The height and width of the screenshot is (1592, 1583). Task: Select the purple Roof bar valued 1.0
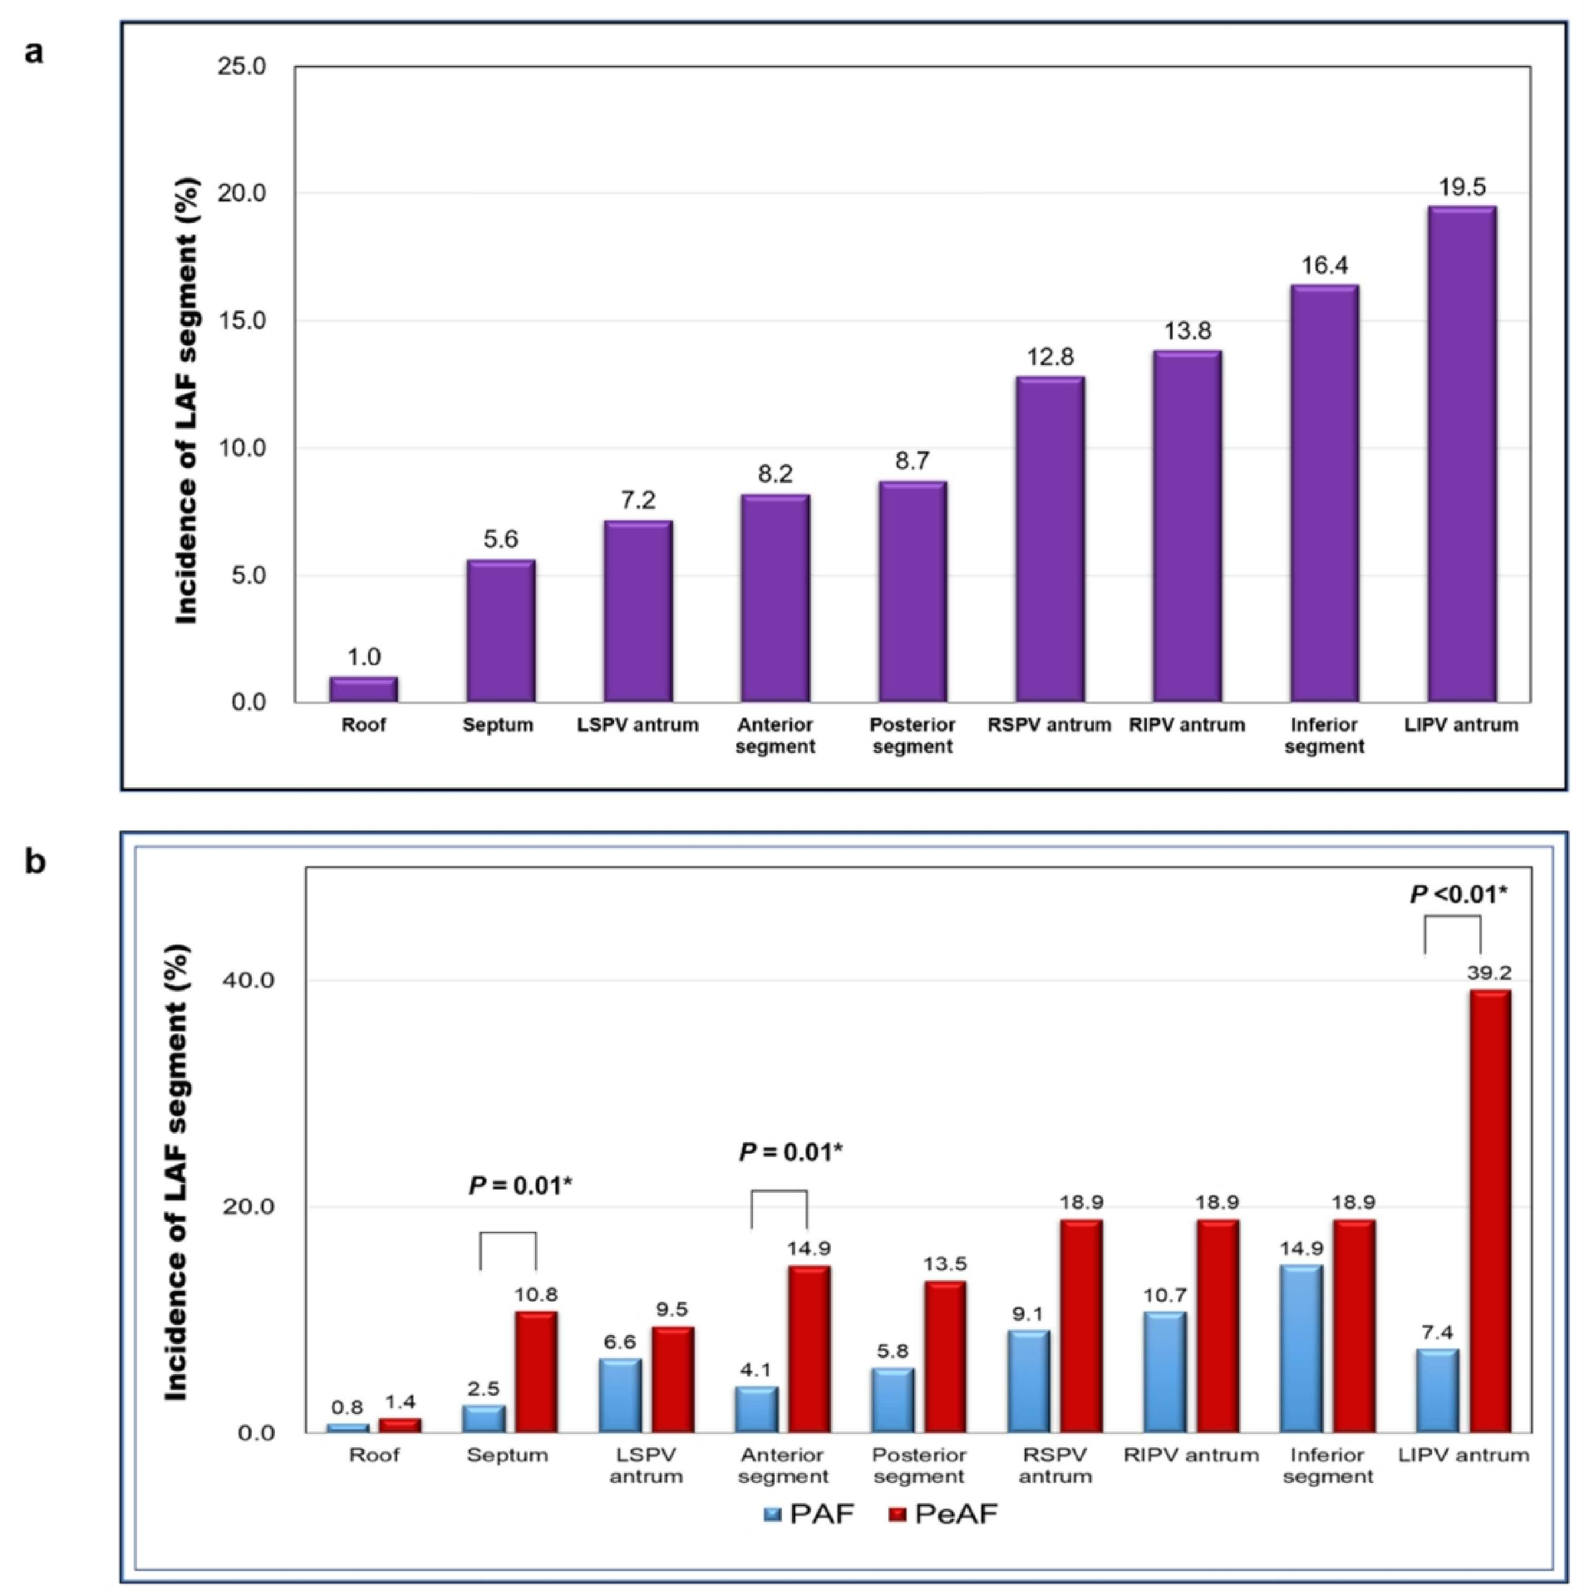click(363, 690)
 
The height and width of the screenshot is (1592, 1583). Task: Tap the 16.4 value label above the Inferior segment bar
click(1324, 265)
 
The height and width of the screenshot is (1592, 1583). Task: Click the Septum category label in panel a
click(498, 725)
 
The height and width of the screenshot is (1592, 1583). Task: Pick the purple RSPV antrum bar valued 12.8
click(1050, 540)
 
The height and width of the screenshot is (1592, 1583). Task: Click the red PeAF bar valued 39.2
click(1490, 1211)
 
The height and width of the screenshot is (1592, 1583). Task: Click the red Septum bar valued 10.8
click(537, 1372)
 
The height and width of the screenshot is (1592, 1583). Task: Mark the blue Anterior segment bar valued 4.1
click(756, 1410)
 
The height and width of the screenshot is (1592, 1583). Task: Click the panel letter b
click(35, 862)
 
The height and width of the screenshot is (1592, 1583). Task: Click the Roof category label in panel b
click(373, 1455)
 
